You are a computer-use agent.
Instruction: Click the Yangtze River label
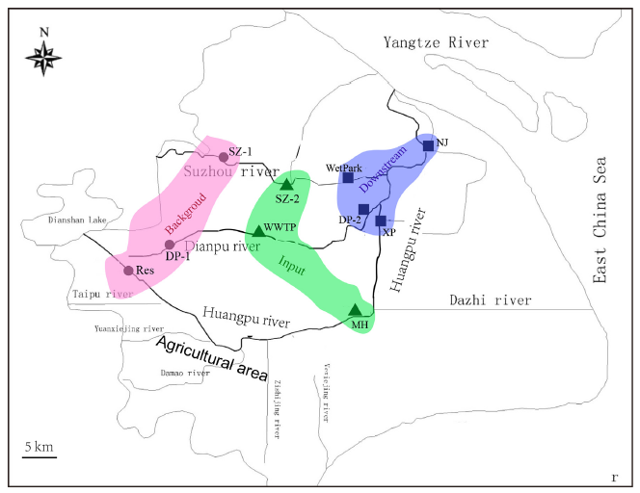point(436,42)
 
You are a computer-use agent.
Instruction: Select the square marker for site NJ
point(428,146)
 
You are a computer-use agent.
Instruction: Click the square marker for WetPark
point(348,177)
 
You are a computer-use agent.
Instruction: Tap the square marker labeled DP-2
point(363,209)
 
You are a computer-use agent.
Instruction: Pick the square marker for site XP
point(381,221)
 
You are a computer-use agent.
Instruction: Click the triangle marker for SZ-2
point(286,184)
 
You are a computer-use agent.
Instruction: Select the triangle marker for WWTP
point(258,231)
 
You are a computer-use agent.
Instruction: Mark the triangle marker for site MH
point(356,310)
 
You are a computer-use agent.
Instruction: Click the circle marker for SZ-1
point(224,157)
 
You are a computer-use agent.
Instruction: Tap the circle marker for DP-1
point(170,244)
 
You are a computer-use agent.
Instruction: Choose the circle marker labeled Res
point(128,271)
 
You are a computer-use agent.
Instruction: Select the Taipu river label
point(100,294)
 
